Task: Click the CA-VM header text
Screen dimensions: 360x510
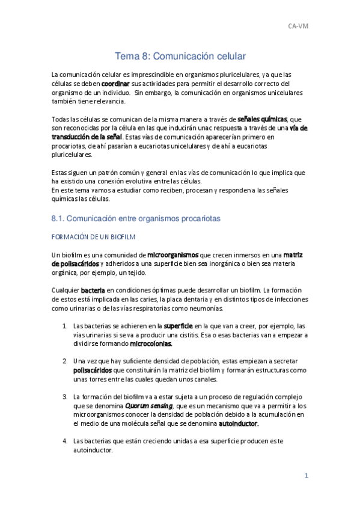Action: click(x=298, y=26)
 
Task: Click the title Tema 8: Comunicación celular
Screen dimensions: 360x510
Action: click(x=180, y=56)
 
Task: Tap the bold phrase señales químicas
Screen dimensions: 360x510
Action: click(x=263, y=119)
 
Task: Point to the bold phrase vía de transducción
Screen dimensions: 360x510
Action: click(x=298, y=128)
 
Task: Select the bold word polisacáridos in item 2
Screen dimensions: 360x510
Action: click(x=92, y=370)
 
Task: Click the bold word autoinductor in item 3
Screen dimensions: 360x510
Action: click(x=238, y=424)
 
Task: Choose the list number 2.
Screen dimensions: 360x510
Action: click(x=65, y=361)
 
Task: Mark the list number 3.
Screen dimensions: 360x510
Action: click(x=65, y=397)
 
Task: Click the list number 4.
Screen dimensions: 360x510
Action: click(x=65, y=441)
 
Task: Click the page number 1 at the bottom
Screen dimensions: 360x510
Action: click(x=306, y=476)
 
